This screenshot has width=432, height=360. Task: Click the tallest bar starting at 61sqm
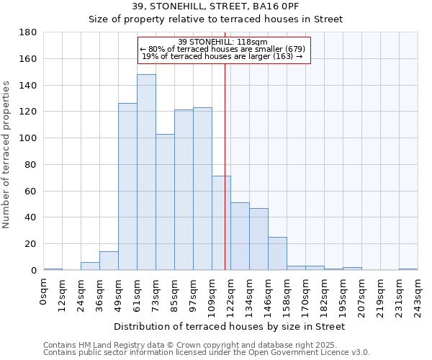(x=146, y=173)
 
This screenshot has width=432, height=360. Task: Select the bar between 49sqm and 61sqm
(x=127, y=187)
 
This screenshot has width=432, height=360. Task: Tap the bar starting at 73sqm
(x=165, y=202)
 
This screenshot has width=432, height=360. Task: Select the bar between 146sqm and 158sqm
(x=277, y=253)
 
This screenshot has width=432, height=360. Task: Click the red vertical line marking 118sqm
(x=225, y=166)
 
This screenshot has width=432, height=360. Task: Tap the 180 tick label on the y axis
(x=27, y=32)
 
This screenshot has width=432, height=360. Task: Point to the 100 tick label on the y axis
(x=27, y=138)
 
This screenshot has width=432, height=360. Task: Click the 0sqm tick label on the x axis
(x=44, y=292)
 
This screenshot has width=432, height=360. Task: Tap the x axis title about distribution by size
(x=230, y=327)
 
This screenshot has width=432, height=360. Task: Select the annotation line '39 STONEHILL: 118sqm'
(x=223, y=42)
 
